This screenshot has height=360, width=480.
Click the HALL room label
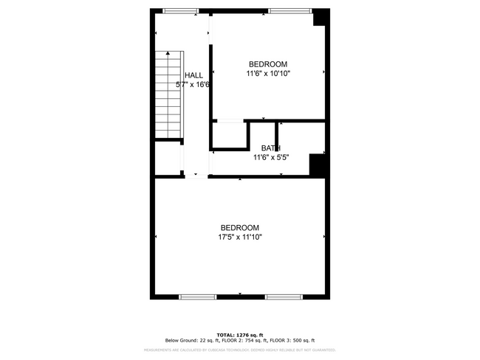point(193,75)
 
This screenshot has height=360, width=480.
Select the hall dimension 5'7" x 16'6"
point(193,85)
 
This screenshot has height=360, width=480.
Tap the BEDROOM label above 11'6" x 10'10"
point(268,64)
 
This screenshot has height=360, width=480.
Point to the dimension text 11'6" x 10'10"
point(268,74)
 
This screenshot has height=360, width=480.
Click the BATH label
point(270,148)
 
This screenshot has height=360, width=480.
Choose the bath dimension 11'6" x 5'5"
point(270,157)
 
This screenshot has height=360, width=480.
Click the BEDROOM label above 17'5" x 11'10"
point(240,227)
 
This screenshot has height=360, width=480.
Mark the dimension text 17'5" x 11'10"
point(240,238)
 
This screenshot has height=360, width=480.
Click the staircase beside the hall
point(168,96)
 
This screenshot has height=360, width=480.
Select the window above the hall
point(180,10)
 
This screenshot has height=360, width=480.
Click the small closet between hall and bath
point(229,136)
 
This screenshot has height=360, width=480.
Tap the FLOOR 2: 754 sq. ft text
point(242,340)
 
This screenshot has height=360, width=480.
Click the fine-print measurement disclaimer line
point(239,350)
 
